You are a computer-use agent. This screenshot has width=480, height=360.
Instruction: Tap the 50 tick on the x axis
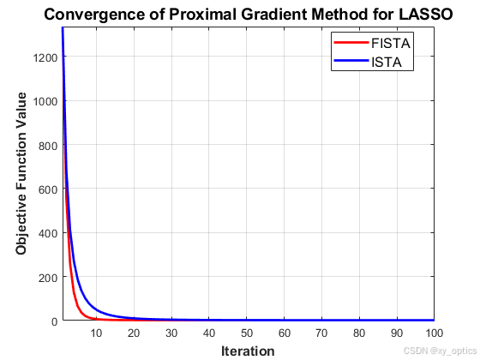pos(246,333)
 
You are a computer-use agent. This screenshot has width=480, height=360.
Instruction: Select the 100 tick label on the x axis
pos(433,333)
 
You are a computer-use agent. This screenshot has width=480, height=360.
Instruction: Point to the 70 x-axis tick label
pos(321,333)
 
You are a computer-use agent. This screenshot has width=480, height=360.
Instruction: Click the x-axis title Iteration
pos(248,350)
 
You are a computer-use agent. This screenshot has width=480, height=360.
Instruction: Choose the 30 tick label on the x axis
pos(171,333)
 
